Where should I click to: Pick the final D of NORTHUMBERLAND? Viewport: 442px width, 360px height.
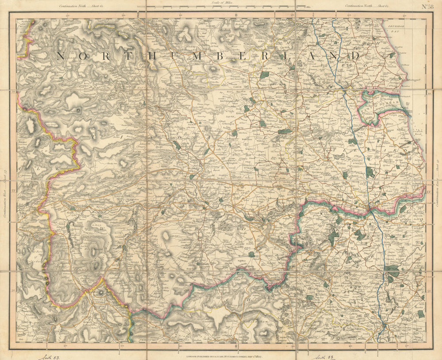[x=355, y=56]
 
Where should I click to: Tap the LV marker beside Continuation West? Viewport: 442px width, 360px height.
[x=13, y=191]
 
